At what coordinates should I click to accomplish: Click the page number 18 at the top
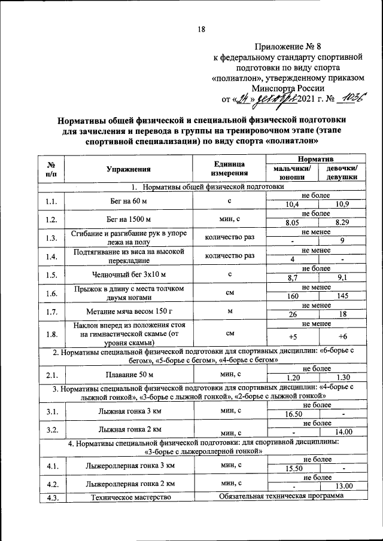tap(201, 29)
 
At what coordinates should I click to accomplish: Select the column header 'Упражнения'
tap(128, 169)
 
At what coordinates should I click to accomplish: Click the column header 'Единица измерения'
tap(229, 169)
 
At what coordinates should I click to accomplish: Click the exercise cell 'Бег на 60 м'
tap(128, 200)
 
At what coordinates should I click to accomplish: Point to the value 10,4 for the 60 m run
tap(292, 204)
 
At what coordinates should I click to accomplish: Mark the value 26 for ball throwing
tap(292, 315)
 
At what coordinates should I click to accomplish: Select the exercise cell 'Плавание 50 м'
tap(128, 374)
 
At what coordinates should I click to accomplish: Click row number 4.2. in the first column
tap(51, 482)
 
